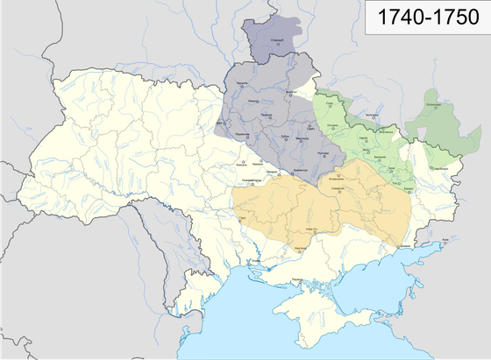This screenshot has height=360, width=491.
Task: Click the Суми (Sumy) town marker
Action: coord(328,107)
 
